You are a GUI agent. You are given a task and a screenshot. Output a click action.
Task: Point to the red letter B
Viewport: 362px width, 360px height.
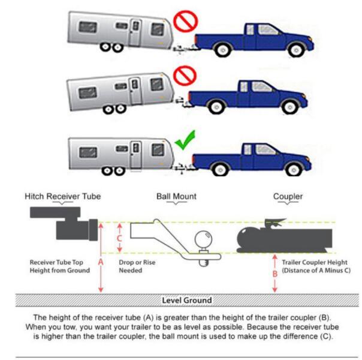[x=274, y=274]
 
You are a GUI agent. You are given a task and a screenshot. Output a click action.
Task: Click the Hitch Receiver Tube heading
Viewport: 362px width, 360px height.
[x=62, y=196]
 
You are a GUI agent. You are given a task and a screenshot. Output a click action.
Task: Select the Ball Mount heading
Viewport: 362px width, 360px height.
[x=176, y=196]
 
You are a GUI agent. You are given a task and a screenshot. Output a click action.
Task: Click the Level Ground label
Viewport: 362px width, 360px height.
[x=186, y=299]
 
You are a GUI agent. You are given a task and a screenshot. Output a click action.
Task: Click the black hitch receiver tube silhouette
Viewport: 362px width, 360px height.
[x=67, y=223]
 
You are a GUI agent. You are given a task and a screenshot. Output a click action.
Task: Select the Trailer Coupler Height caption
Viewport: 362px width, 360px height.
[x=316, y=266]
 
